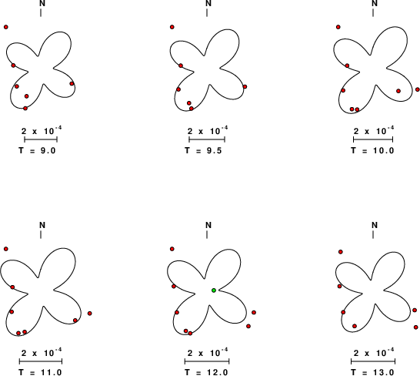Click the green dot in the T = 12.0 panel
214,290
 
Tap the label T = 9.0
38,150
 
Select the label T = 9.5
204,150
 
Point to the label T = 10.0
372,150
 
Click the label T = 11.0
41,372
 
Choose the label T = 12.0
206,372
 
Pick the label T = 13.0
372,372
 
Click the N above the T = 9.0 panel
42,4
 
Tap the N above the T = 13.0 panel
375,226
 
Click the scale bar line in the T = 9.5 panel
207,139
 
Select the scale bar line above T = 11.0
41,361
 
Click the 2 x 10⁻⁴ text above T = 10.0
374,131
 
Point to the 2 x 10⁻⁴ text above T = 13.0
374,353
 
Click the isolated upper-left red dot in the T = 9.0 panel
6,27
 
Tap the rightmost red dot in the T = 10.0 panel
418,89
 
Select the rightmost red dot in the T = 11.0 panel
90,313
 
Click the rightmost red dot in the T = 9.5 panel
245,86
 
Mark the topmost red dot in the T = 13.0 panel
341,252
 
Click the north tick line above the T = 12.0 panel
207,234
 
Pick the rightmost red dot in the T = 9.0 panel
72,83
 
